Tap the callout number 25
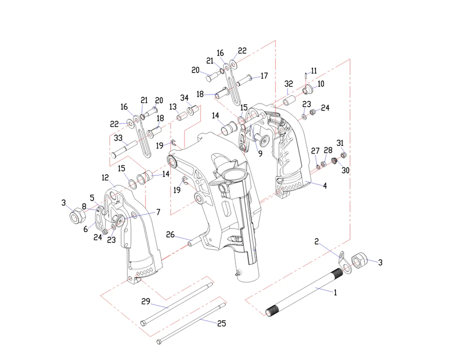(221, 323)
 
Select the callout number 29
(145, 301)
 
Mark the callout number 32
(288, 83)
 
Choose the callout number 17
(264, 76)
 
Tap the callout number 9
(260, 154)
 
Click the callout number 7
(158, 212)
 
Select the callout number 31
(340, 142)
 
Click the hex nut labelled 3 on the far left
(77, 216)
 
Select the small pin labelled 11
(304, 76)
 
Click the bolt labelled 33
(124, 148)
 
